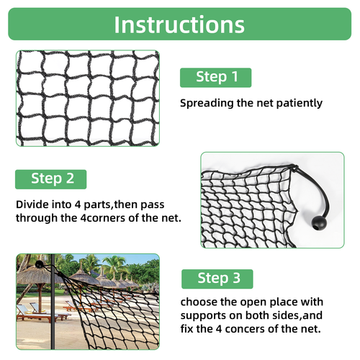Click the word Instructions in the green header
coord(179,24)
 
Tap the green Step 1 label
coord(215,77)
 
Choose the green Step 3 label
coord(216,279)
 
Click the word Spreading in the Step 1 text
coord(206,103)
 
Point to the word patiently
coord(297,103)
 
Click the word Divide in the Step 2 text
coord(33,204)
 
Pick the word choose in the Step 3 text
coord(198,301)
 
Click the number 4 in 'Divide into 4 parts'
coord(81,204)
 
